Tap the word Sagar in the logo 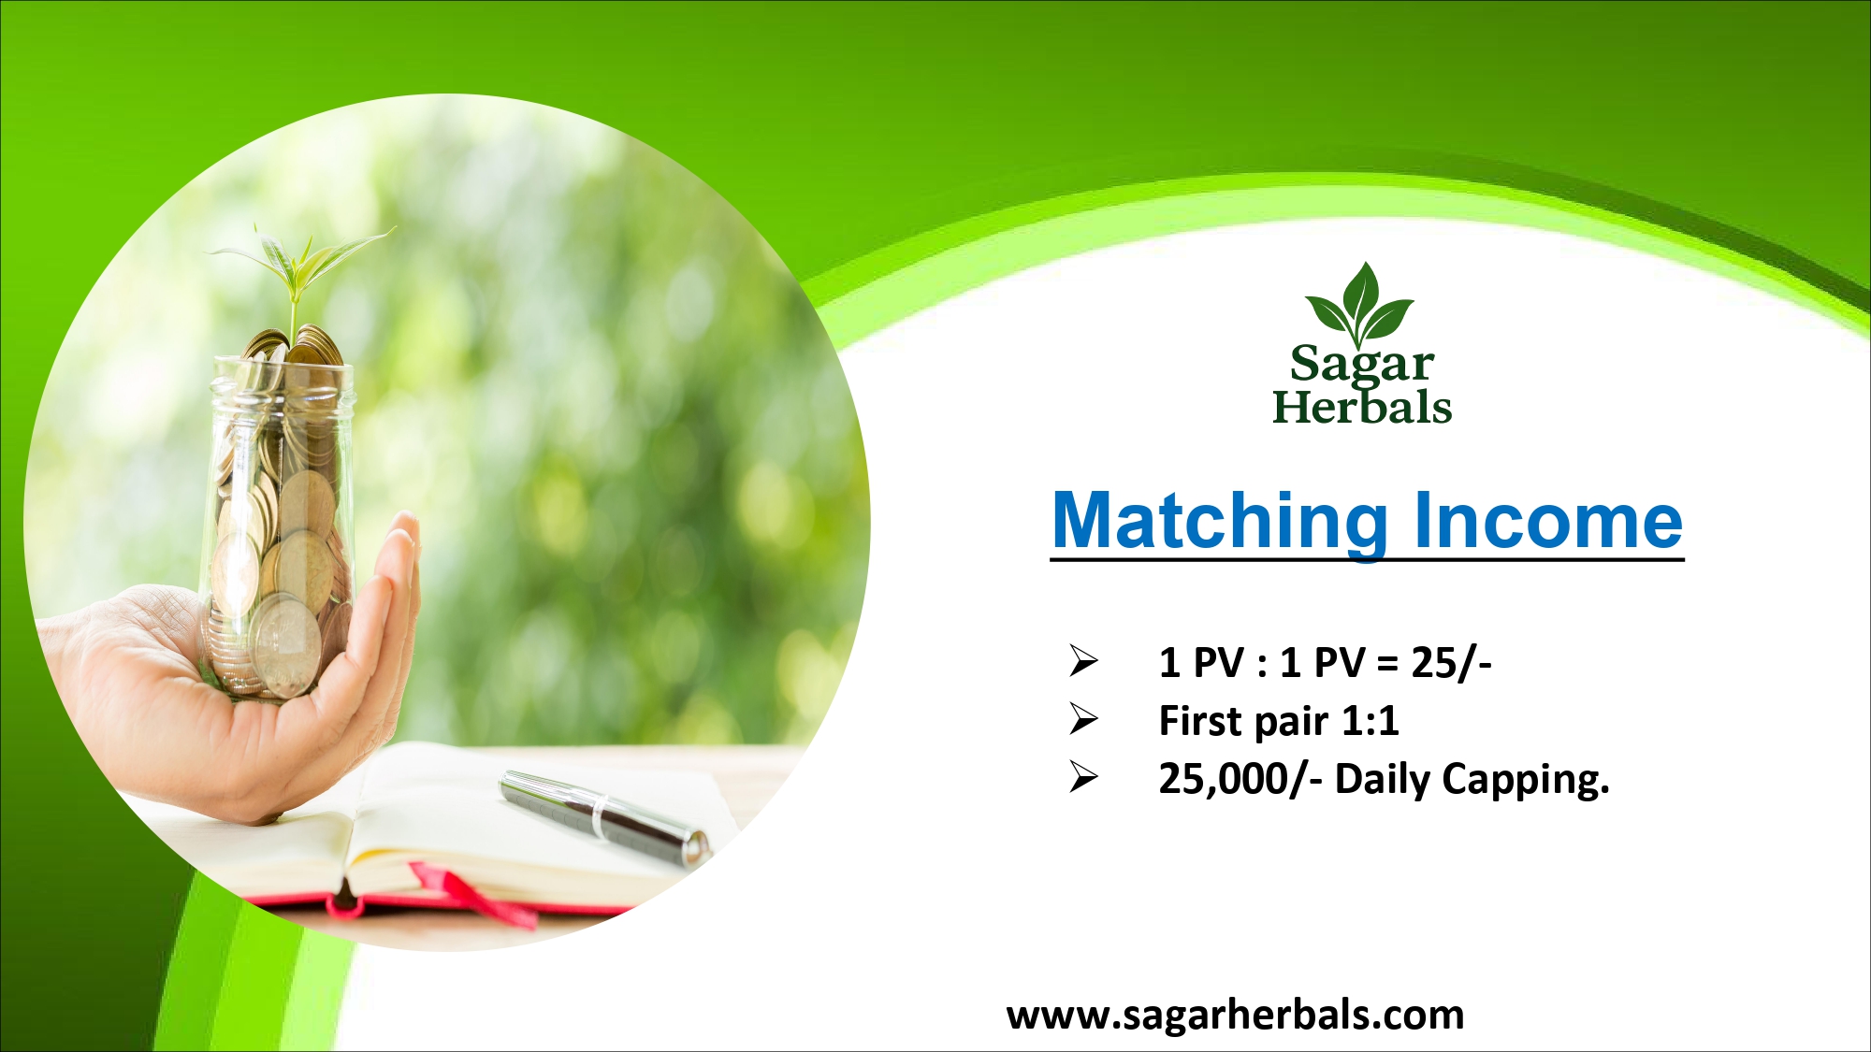(1362, 365)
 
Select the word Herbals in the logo (1362, 407)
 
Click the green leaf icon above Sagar (1360, 303)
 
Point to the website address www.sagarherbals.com (1235, 1016)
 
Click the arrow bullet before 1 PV (1083, 661)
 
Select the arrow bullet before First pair (1083, 719)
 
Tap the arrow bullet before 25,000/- (1083, 777)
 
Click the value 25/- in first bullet (1451, 663)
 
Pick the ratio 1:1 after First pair (1371, 721)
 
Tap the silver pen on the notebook (606, 817)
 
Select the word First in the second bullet (1201, 721)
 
